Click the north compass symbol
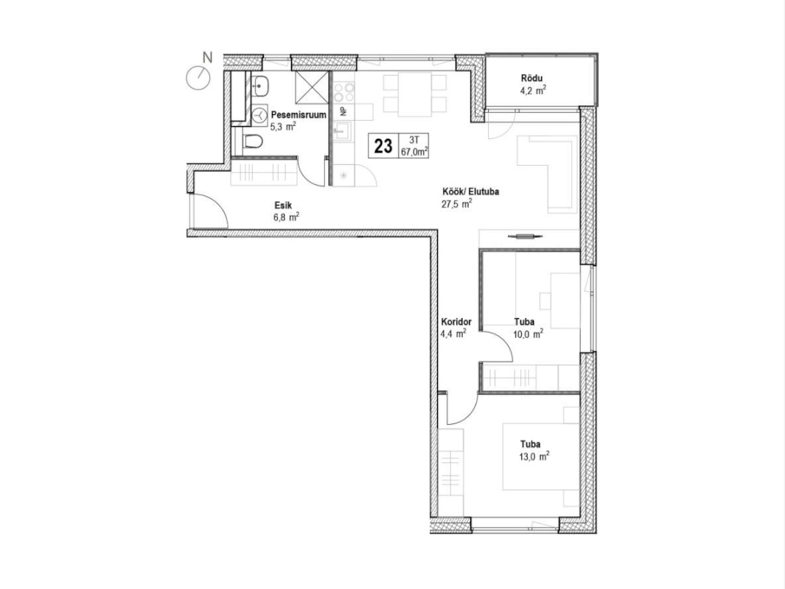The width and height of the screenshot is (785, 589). click(x=198, y=78)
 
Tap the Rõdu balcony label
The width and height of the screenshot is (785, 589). click(x=531, y=79)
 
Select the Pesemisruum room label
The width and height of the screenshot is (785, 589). click(x=299, y=115)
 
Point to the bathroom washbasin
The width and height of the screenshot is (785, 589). click(x=260, y=86)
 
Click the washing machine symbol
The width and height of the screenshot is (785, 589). click(x=260, y=115)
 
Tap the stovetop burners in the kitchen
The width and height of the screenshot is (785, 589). click(x=344, y=93)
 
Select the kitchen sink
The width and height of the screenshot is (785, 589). click(x=344, y=132)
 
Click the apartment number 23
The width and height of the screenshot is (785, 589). click(x=383, y=147)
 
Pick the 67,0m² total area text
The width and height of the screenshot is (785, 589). click(x=414, y=152)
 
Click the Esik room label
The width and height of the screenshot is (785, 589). click(x=282, y=205)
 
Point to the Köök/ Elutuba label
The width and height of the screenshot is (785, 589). click(x=470, y=191)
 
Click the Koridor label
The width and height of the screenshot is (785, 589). click(x=456, y=322)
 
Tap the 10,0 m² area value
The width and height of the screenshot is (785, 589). click(x=528, y=334)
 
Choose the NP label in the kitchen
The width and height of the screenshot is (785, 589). click(x=343, y=111)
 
